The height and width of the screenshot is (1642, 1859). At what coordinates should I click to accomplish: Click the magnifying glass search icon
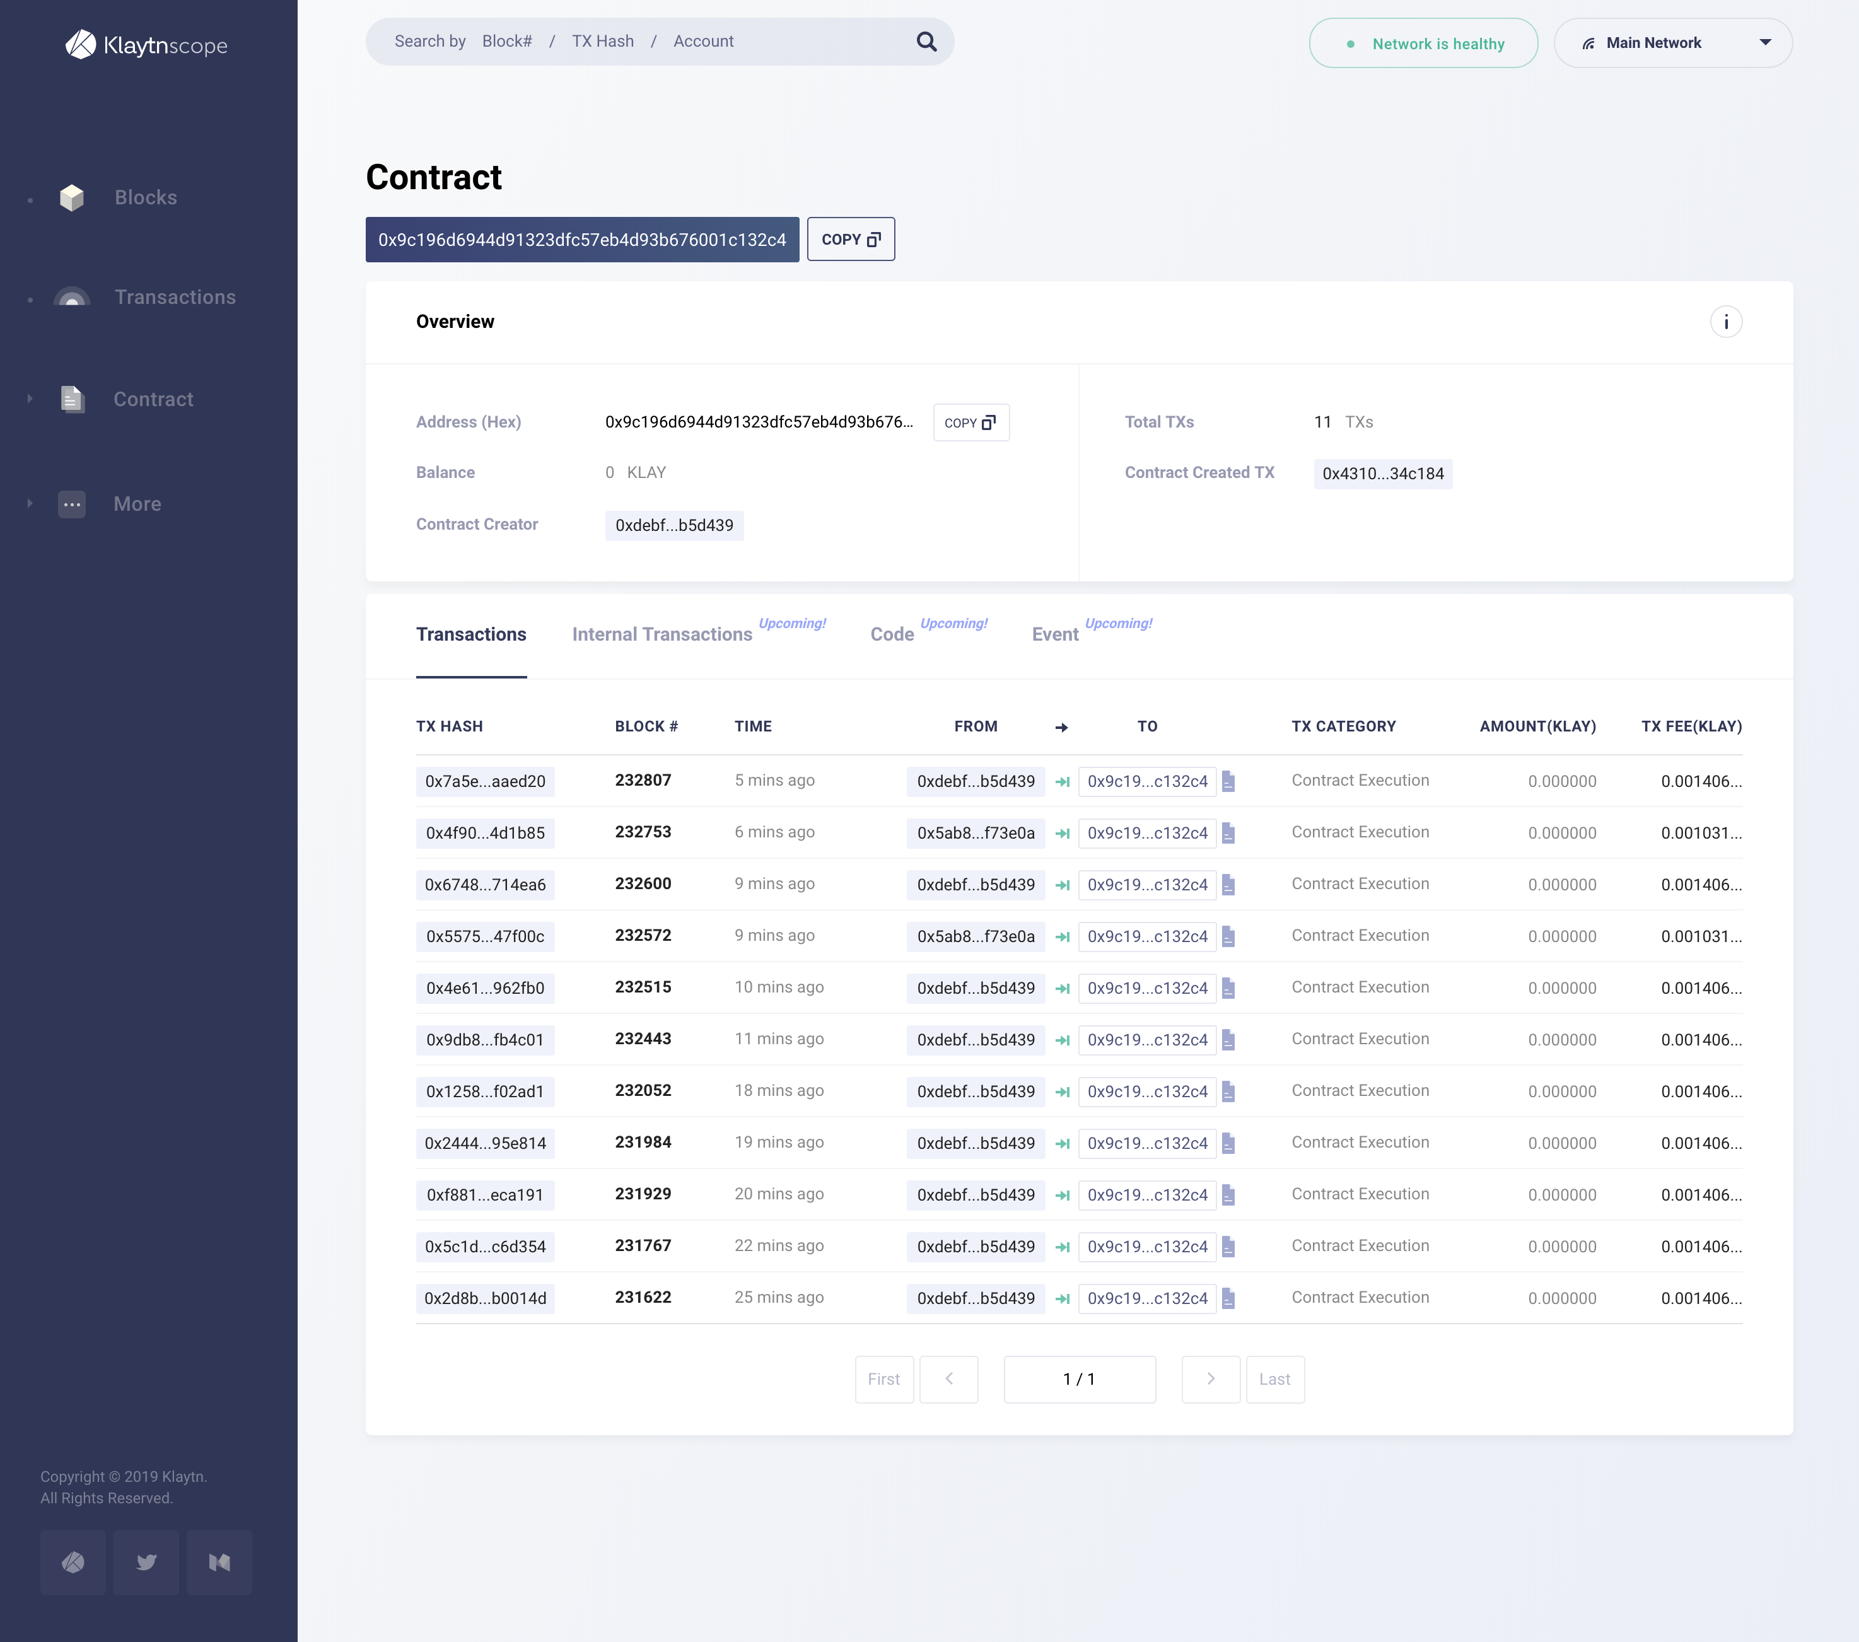(926, 42)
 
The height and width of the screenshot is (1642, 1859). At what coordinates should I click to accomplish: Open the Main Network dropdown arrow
(1764, 43)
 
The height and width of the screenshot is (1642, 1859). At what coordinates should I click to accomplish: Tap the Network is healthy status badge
(1423, 44)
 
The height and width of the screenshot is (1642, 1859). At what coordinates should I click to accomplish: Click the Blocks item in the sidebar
(146, 197)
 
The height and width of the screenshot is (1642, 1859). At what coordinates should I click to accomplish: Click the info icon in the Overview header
(1725, 322)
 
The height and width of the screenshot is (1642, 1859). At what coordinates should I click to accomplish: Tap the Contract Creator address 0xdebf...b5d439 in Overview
(674, 526)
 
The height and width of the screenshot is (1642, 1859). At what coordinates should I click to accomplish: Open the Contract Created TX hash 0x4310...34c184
(1382, 474)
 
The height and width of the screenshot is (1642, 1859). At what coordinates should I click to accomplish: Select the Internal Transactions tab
(661, 635)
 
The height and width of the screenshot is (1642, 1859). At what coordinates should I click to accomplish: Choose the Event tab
(1055, 635)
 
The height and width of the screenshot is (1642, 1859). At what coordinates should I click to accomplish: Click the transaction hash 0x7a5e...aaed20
(485, 781)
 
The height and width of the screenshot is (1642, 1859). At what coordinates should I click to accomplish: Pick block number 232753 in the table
(643, 832)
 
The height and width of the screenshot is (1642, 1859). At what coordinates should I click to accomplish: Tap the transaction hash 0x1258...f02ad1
(485, 1092)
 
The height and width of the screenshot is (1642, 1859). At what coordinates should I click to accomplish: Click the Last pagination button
(1274, 1379)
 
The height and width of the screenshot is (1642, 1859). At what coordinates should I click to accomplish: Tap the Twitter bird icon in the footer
(146, 1562)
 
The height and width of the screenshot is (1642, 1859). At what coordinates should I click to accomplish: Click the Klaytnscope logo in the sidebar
(146, 45)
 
